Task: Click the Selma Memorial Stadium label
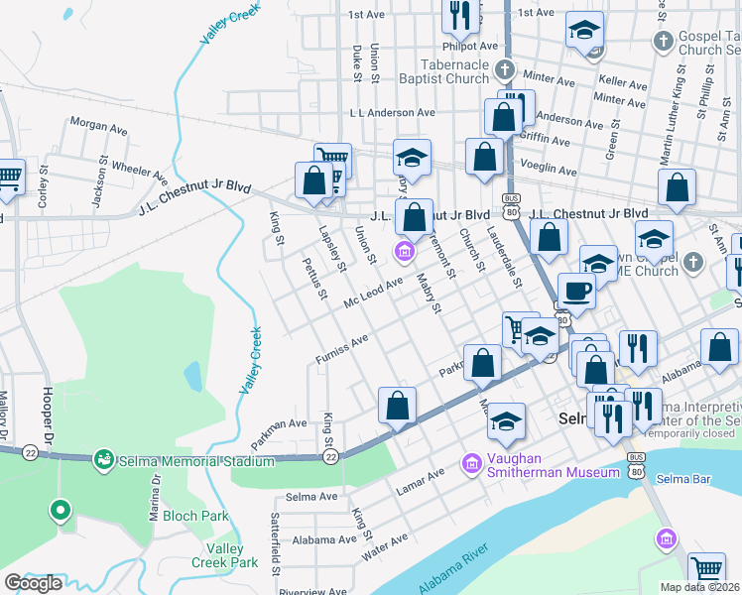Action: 194,461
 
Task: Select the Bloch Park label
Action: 196,516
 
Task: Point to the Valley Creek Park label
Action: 225,555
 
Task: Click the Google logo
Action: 32,583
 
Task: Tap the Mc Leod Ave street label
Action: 373,293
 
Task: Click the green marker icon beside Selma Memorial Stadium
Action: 102,459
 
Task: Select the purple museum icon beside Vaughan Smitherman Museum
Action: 472,463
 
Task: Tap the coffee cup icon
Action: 577,291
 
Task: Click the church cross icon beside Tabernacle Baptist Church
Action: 505,69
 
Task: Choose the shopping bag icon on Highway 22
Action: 397,405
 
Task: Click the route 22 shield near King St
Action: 330,457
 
